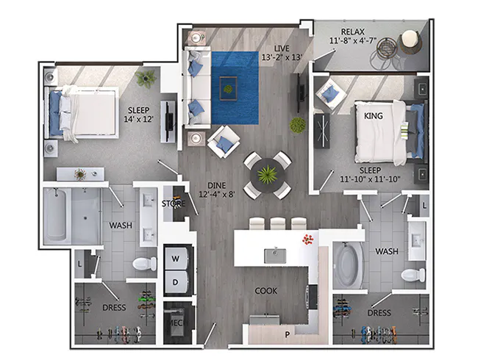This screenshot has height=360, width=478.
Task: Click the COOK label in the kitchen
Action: click(266, 291)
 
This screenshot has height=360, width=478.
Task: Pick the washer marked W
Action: click(176, 259)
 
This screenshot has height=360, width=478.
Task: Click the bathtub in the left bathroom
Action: click(71, 216)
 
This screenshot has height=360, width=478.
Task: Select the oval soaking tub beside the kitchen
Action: click(346, 265)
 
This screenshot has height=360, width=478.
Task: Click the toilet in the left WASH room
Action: click(140, 262)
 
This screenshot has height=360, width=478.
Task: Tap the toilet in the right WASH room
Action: click(413, 275)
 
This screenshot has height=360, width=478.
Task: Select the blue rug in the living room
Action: click(235, 87)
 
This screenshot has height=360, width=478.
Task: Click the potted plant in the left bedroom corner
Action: click(146, 77)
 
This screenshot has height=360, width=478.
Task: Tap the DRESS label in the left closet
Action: click(115, 307)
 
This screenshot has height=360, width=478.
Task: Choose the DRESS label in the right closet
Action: click(379, 313)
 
